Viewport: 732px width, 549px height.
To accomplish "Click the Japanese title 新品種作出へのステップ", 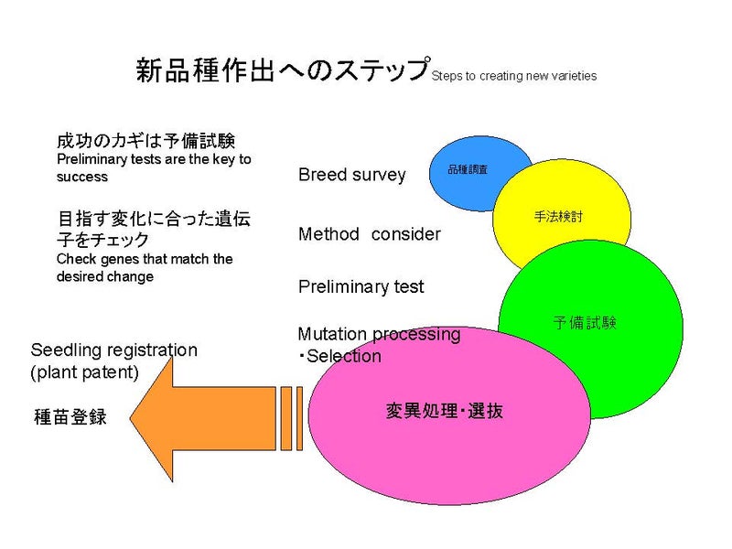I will [283, 70].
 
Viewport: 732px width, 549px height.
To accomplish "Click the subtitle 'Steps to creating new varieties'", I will [513, 76].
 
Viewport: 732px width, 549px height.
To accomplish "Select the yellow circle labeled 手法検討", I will [558, 217].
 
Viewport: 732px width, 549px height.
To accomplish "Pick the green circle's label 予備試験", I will [586, 322].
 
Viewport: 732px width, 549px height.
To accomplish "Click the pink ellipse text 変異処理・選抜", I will [444, 412].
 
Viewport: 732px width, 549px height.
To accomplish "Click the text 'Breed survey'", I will [351, 175].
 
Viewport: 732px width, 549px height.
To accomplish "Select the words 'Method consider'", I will [369, 234].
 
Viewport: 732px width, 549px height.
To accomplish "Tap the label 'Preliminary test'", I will [361, 287].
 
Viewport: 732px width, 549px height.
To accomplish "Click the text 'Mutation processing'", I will [379, 334].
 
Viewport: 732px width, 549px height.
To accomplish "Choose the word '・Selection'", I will [339, 356].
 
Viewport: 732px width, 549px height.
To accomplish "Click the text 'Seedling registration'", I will [113, 350].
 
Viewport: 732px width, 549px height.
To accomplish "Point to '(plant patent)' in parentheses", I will [84, 371].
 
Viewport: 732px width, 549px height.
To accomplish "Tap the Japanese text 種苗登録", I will [70, 417].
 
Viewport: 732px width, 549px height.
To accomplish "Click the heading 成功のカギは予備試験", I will [146, 141].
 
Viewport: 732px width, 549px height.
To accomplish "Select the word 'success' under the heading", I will [81, 177].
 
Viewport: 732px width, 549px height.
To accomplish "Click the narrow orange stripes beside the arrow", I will [291, 418].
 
